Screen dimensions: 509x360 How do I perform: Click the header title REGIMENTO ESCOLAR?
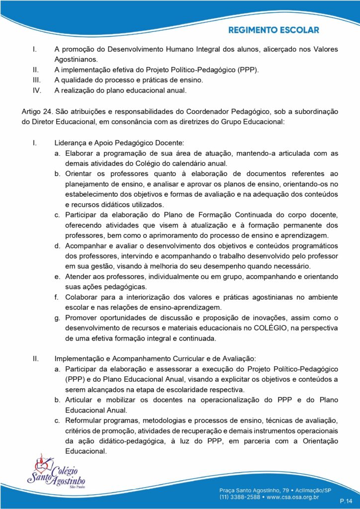pyautogui.click(x=273, y=30)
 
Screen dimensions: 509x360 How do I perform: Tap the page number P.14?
pyautogui.click(x=346, y=500)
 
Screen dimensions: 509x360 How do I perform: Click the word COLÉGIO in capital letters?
pyautogui.click(x=271, y=328)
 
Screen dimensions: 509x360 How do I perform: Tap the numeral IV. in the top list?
pyautogui.click(x=36, y=90)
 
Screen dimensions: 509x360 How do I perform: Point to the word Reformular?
pyautogui.click(x=85, y=421)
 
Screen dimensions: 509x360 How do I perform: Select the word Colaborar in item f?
pyautogui.click(x=83, y=297)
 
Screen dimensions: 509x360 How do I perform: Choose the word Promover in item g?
pyautogui.click(x=82, y=318)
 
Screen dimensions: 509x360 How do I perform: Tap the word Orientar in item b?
pyautogui.click(x=80, y=173)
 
